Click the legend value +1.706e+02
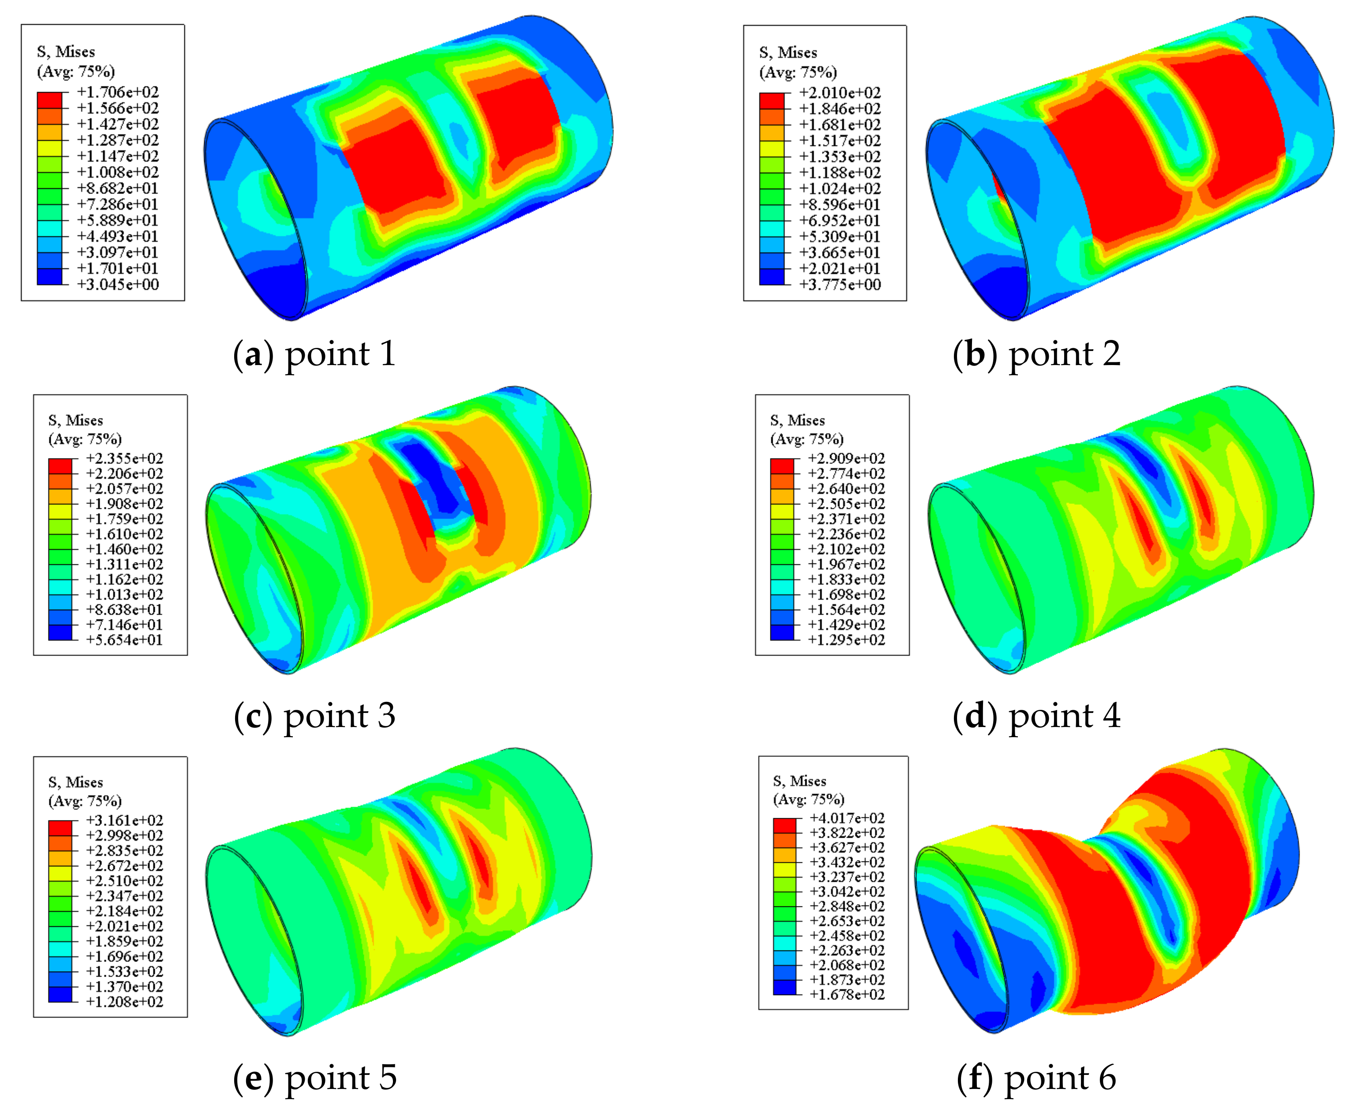[118, 92]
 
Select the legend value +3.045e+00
[118, 284]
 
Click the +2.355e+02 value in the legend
[125, 458]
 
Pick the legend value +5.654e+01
[125, 640]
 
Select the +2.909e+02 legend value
[847, 458]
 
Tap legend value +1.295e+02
[847, 640]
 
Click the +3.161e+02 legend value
[125, 820]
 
